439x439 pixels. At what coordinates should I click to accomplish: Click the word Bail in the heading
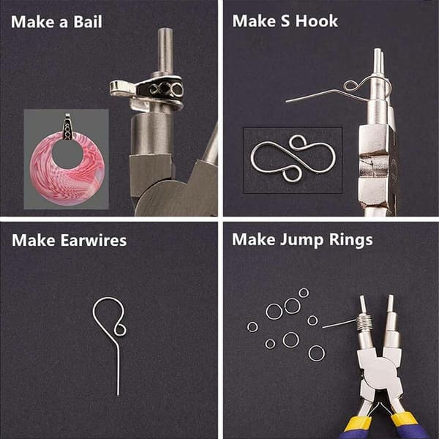coord(88,21)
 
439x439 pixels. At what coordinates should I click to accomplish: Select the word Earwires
coord(94,240)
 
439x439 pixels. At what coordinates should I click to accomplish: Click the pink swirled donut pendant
coord(67,169)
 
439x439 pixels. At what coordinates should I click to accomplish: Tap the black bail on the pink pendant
coord(68,127)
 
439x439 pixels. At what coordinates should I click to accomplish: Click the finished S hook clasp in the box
coord(293,159)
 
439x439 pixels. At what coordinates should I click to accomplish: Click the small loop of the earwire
coord(121,329)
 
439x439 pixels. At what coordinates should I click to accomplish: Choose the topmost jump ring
coord(304,293)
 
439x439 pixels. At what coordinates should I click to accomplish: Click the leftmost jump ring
coord(252,327)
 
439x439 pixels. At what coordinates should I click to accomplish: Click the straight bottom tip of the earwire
coord(118,395)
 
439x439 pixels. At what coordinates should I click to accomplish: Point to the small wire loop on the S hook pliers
coord(350,86)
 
